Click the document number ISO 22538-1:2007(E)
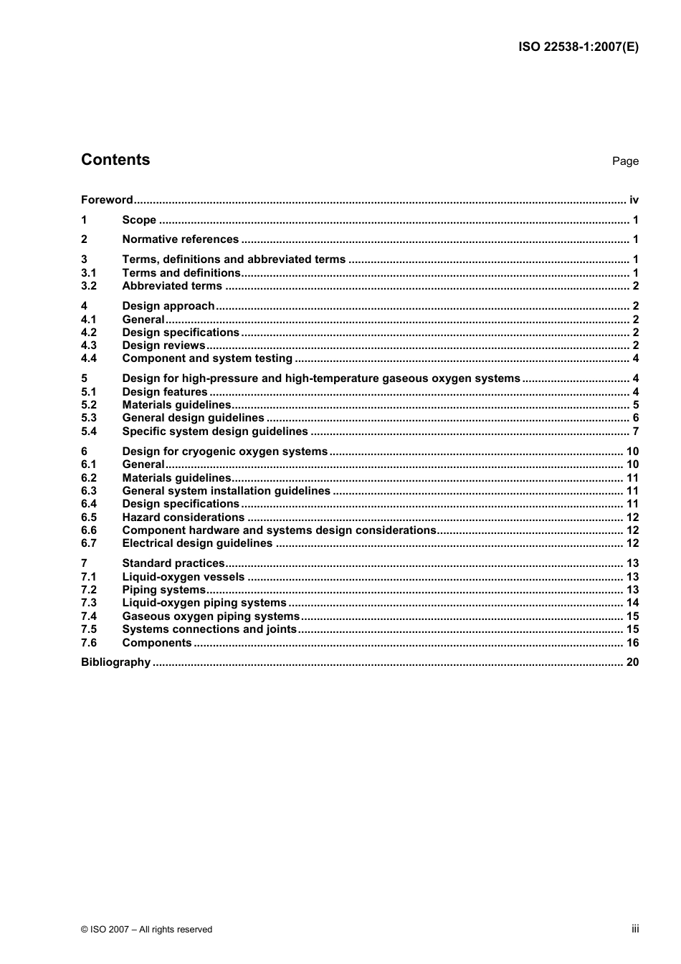click(x=578, y=47)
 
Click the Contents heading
click(x=115, y=160)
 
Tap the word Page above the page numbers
click(x=625, y=161)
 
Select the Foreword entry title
click(x=107, y=200)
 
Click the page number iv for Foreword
click(x=634, y=200)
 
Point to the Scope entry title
click(x=139, y=220)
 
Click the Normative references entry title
click(x=181, y=239)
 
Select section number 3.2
click(x=89, y=286)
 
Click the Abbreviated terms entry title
click(x=172, y=286)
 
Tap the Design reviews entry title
click(x=163, y=345)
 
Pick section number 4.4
click(x=89, y=358)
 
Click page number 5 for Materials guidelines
click(x=635, y=405)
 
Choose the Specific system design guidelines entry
click(x=215, y=431)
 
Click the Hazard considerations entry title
click(x=184, y=517)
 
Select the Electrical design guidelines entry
click(x=197, y=543)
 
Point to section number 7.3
click(x=89, y=603)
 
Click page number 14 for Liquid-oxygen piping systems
click(x=632, y=603)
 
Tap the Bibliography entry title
click(x=115, y=662)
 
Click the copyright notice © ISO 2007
click(x=146, y=930)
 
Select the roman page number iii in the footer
click(x=635, y=929)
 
